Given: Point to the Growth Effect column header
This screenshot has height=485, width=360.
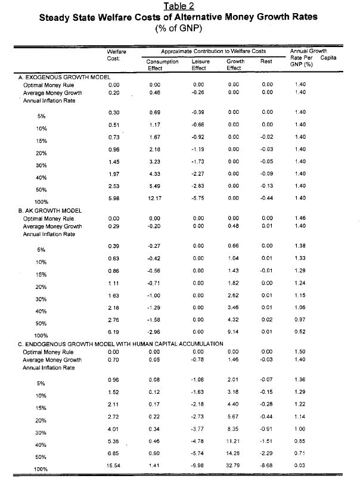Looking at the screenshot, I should point(235,64).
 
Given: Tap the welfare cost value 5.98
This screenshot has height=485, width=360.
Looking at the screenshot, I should point(115,198).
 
